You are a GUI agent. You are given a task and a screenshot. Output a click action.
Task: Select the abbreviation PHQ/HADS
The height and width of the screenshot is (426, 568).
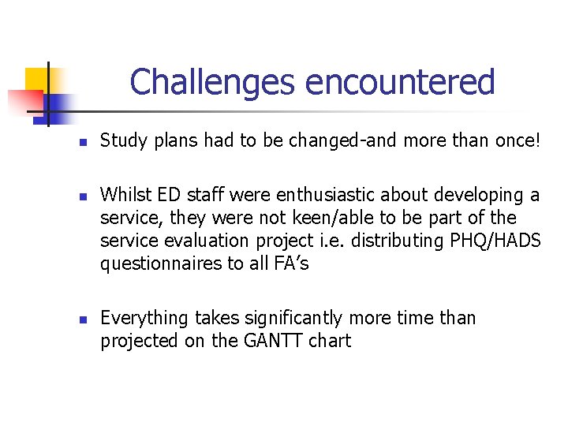(x=491, y=241)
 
